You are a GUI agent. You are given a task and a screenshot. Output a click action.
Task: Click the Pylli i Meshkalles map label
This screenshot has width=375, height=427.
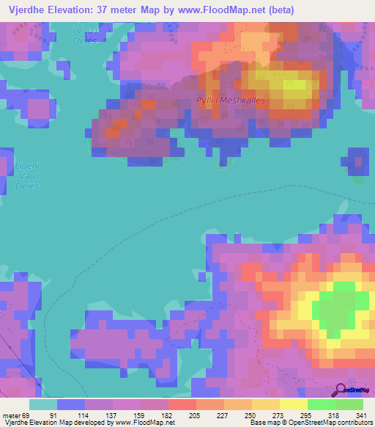[232, 101]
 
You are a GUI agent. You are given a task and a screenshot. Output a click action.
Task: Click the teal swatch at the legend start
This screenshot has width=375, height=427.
[43, 404]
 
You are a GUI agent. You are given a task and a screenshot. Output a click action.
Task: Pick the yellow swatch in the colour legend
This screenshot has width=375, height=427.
[294, 404]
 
